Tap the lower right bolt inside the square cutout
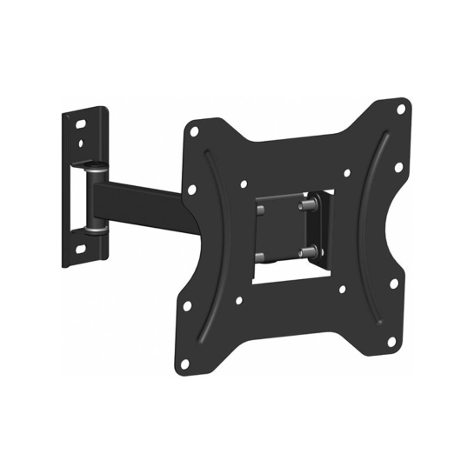305,252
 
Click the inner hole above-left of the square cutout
244,184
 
